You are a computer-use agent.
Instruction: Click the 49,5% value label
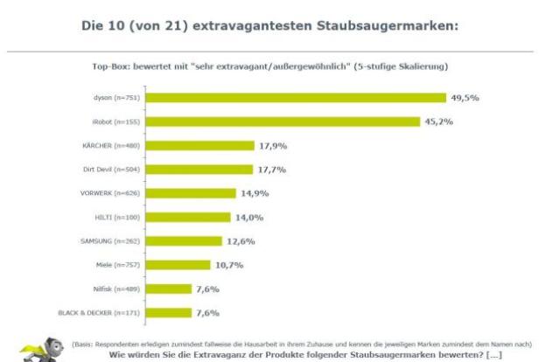coord(465,97)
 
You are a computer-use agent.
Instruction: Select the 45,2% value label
coord(440,121)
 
